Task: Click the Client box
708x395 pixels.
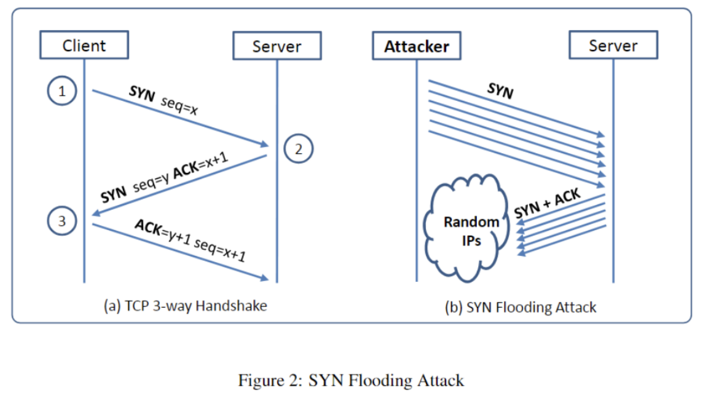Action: coord(84,46)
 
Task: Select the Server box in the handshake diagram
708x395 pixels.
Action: coord(277,46)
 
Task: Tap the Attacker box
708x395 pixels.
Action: coord(417,46)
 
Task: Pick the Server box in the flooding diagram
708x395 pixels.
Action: coord(613,46)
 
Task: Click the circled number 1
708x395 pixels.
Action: coord(61,92)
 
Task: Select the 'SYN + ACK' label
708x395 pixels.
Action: coord(548,204)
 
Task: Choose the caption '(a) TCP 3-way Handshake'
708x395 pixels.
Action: coord(185,305)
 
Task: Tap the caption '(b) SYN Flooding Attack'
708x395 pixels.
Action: coord(520,307)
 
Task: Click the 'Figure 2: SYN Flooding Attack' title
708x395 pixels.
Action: coord(351,380)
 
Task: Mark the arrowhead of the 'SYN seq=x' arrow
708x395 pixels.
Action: coord(267,146)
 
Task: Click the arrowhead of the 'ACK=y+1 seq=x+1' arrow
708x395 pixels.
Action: coord(266,279)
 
